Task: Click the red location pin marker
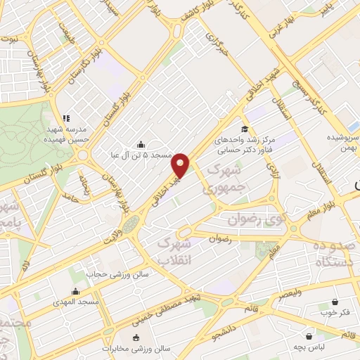tap(181, 164)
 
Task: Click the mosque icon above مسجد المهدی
tap(76, 291)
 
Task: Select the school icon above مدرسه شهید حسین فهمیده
tap(66, 118)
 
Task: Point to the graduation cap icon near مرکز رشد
tap(244, 129)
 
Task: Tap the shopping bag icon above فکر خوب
tap(335, 301)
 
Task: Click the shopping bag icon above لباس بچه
tap(309, 336)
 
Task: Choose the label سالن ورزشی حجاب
tap(117, 274)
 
